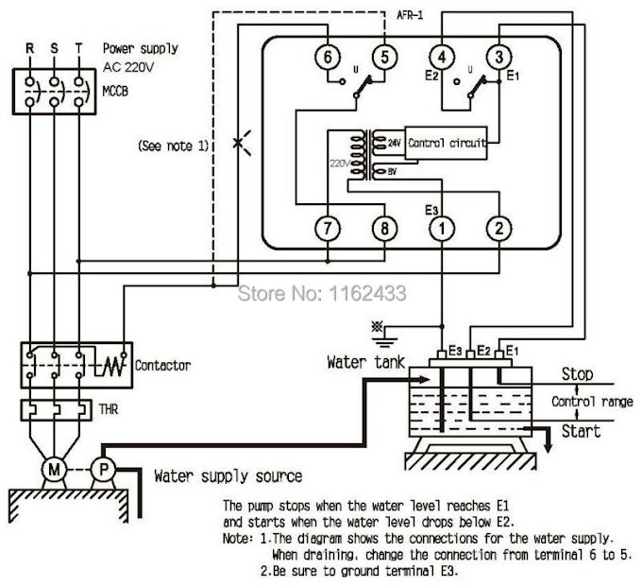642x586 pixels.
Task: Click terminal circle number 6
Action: tap(328, 57)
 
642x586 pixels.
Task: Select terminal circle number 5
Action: tap(384, 57)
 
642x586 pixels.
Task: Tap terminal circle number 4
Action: tap(442, 57)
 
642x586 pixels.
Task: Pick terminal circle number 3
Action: tap(499, 57)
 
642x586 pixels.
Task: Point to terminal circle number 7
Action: tap(328, 228)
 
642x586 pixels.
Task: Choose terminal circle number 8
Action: tap(384, 228)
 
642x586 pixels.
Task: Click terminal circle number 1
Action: tap(442, 228)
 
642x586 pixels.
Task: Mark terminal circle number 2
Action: tap(499, 228)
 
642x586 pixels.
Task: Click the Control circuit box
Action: tap(446, 143)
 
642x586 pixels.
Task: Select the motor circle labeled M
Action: tap(54, 469)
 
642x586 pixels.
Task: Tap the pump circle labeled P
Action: tap(103, 469)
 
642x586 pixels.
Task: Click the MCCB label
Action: tap(115, 92)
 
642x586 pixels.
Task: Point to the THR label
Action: tap(108, 409)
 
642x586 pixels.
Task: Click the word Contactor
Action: tap(163, 366)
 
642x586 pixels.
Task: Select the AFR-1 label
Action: tap(410, 15)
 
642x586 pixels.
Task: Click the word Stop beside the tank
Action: tap(577, 374)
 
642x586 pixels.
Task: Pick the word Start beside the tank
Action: tap(581, 432)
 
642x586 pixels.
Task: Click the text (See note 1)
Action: tap(174, 146)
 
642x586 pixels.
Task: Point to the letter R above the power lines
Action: tap(29, 49)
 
